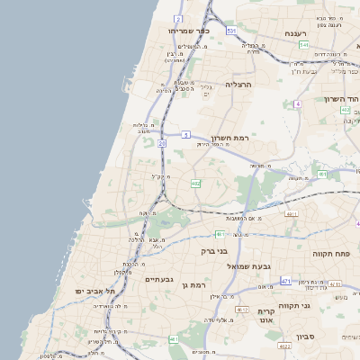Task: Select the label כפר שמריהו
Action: point(189,30)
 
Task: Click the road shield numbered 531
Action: point(231,31)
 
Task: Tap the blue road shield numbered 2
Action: point(179,18)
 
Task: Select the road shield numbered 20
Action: point(161,143)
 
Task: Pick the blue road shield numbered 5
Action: point(184,135)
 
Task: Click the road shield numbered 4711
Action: point(291,214)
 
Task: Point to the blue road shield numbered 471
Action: point(285,282)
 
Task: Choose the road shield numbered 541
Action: point(304,45)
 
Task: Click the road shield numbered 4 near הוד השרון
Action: point(297,104)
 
